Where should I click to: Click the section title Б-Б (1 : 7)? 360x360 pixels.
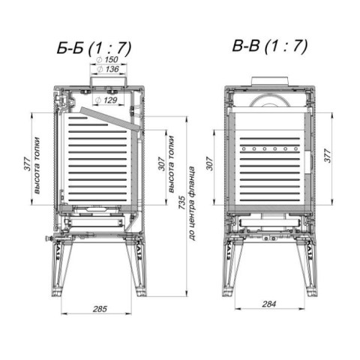pyautogui.click(x=94, y=47)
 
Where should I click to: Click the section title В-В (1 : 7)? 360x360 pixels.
pyautogui.click(x=270, y=46)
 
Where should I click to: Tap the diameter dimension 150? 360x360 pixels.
pyautogui.click(x=108, y=60)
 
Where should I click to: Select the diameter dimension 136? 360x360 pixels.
pyautogui.click(x=108, y=69)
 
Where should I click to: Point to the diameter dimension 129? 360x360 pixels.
pyautogui.click(x=106, y=100)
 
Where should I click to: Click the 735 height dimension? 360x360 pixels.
pyautogui.click(x=182, y=202)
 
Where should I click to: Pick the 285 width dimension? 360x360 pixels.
pyautogui.click(x=100, y=309)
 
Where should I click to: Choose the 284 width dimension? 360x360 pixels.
pyautogui.click(x=269, y=304)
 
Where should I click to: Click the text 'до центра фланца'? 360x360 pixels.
pyautogui.click(x=192, y=203)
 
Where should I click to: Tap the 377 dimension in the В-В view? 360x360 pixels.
pyautogui.click(x=327, y=155)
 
